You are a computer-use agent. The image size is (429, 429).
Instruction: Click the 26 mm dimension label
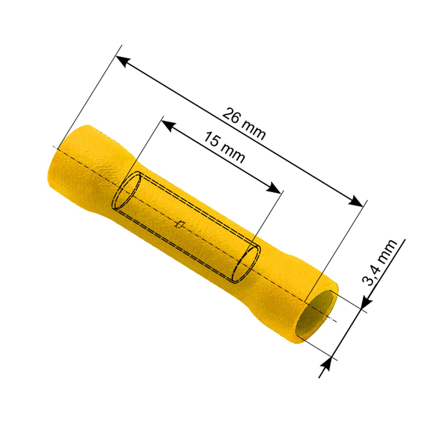point(244,124)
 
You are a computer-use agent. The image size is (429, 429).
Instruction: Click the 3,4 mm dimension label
point(380,262)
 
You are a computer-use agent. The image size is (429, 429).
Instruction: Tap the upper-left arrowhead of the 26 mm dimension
point(123,61)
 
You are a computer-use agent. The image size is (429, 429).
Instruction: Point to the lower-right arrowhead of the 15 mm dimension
point(273,188)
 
